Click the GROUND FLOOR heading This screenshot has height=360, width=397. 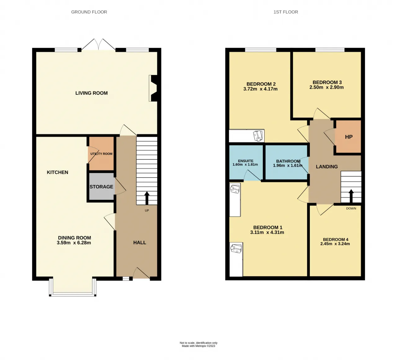click(89, 12)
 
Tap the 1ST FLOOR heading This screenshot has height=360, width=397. click(286, 12)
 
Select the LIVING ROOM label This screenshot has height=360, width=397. click(91, 93)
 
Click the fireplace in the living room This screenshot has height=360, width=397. click(154, 88)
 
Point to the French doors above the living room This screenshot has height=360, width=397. click(98, 45)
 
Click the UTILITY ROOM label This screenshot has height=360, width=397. click(101, 154)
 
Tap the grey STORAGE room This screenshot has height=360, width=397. click(101, 187)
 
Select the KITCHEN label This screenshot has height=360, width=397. click(57, 172)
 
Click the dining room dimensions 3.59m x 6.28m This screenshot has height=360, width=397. click(74, 243)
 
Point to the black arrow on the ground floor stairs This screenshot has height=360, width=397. click(147, 198)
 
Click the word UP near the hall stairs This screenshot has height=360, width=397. click(147, 211)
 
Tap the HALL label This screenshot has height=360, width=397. click(140, 243)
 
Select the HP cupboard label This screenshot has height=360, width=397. click(349, 137)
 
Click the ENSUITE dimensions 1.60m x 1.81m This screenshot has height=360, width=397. click(245, 165)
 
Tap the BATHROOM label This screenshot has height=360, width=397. click(288, 161)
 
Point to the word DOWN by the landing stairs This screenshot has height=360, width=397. click(351, 209)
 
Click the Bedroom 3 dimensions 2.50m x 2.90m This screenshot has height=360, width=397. click(327, 87)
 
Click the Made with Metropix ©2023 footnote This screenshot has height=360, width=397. click(198, 346)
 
